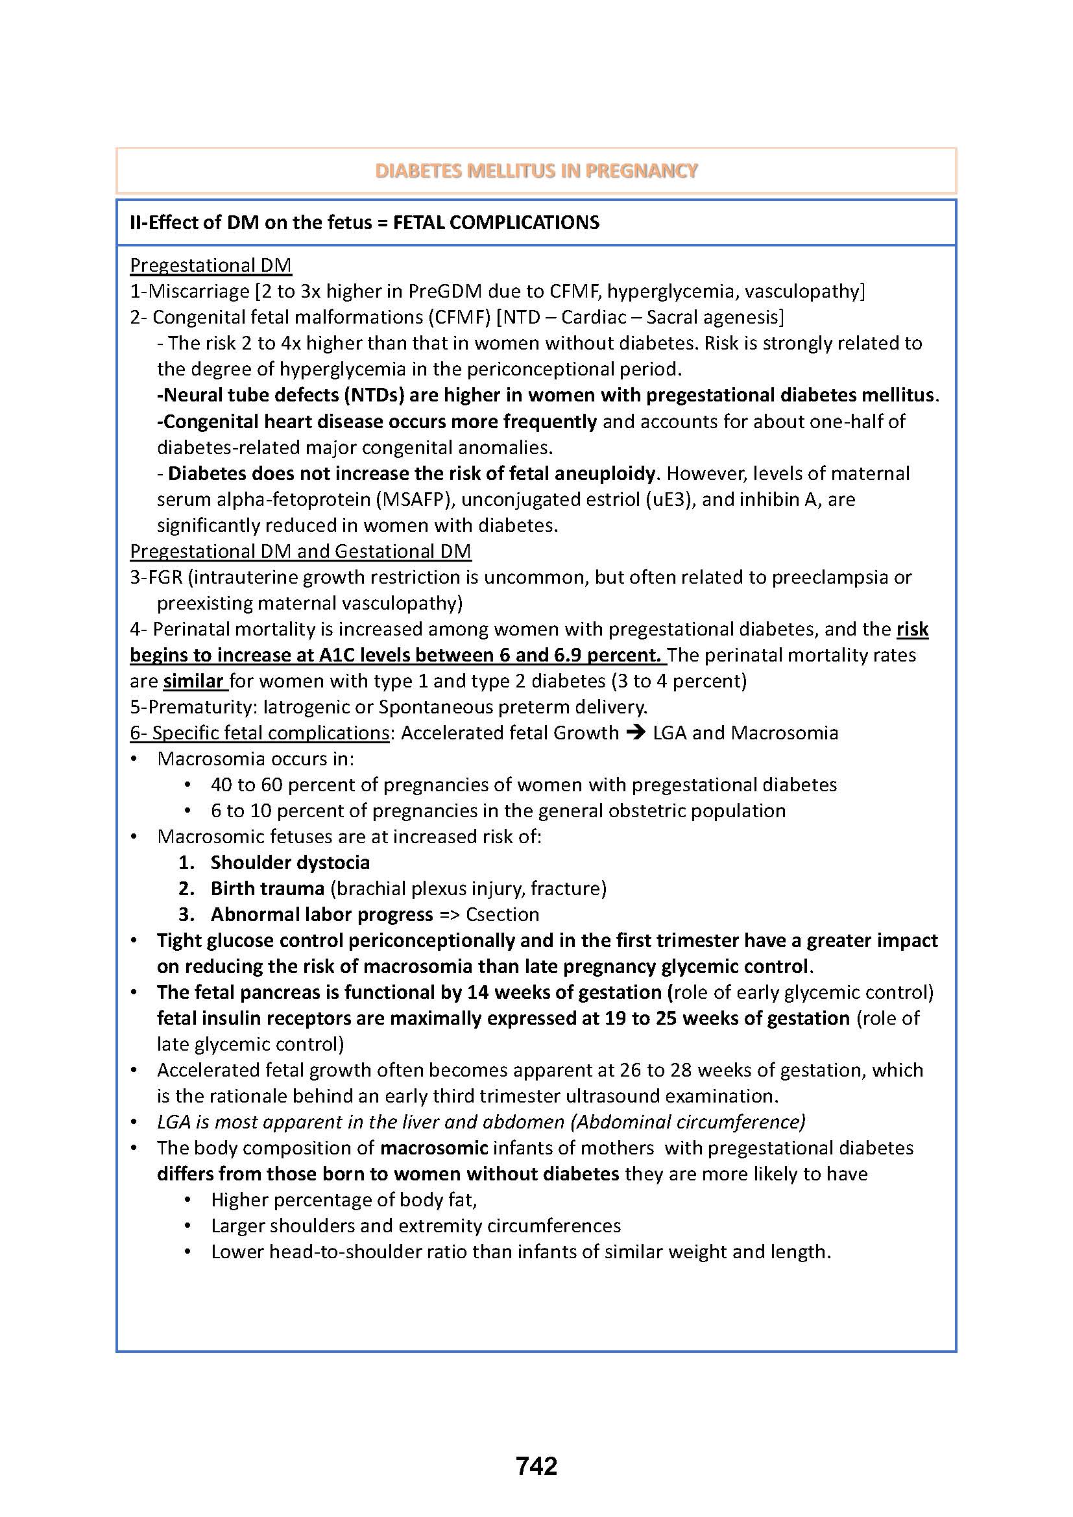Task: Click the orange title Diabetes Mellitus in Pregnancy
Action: coord(536,171)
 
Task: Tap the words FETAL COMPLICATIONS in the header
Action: coord(496,222)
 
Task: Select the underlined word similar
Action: coord(193,680)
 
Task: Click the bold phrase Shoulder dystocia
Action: coord(290,862)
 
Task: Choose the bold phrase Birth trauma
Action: coord(267,888)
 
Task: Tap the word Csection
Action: coord(502,914)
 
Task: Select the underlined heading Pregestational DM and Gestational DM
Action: coord(300,551)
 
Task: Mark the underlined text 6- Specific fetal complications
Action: coord(259,733)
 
